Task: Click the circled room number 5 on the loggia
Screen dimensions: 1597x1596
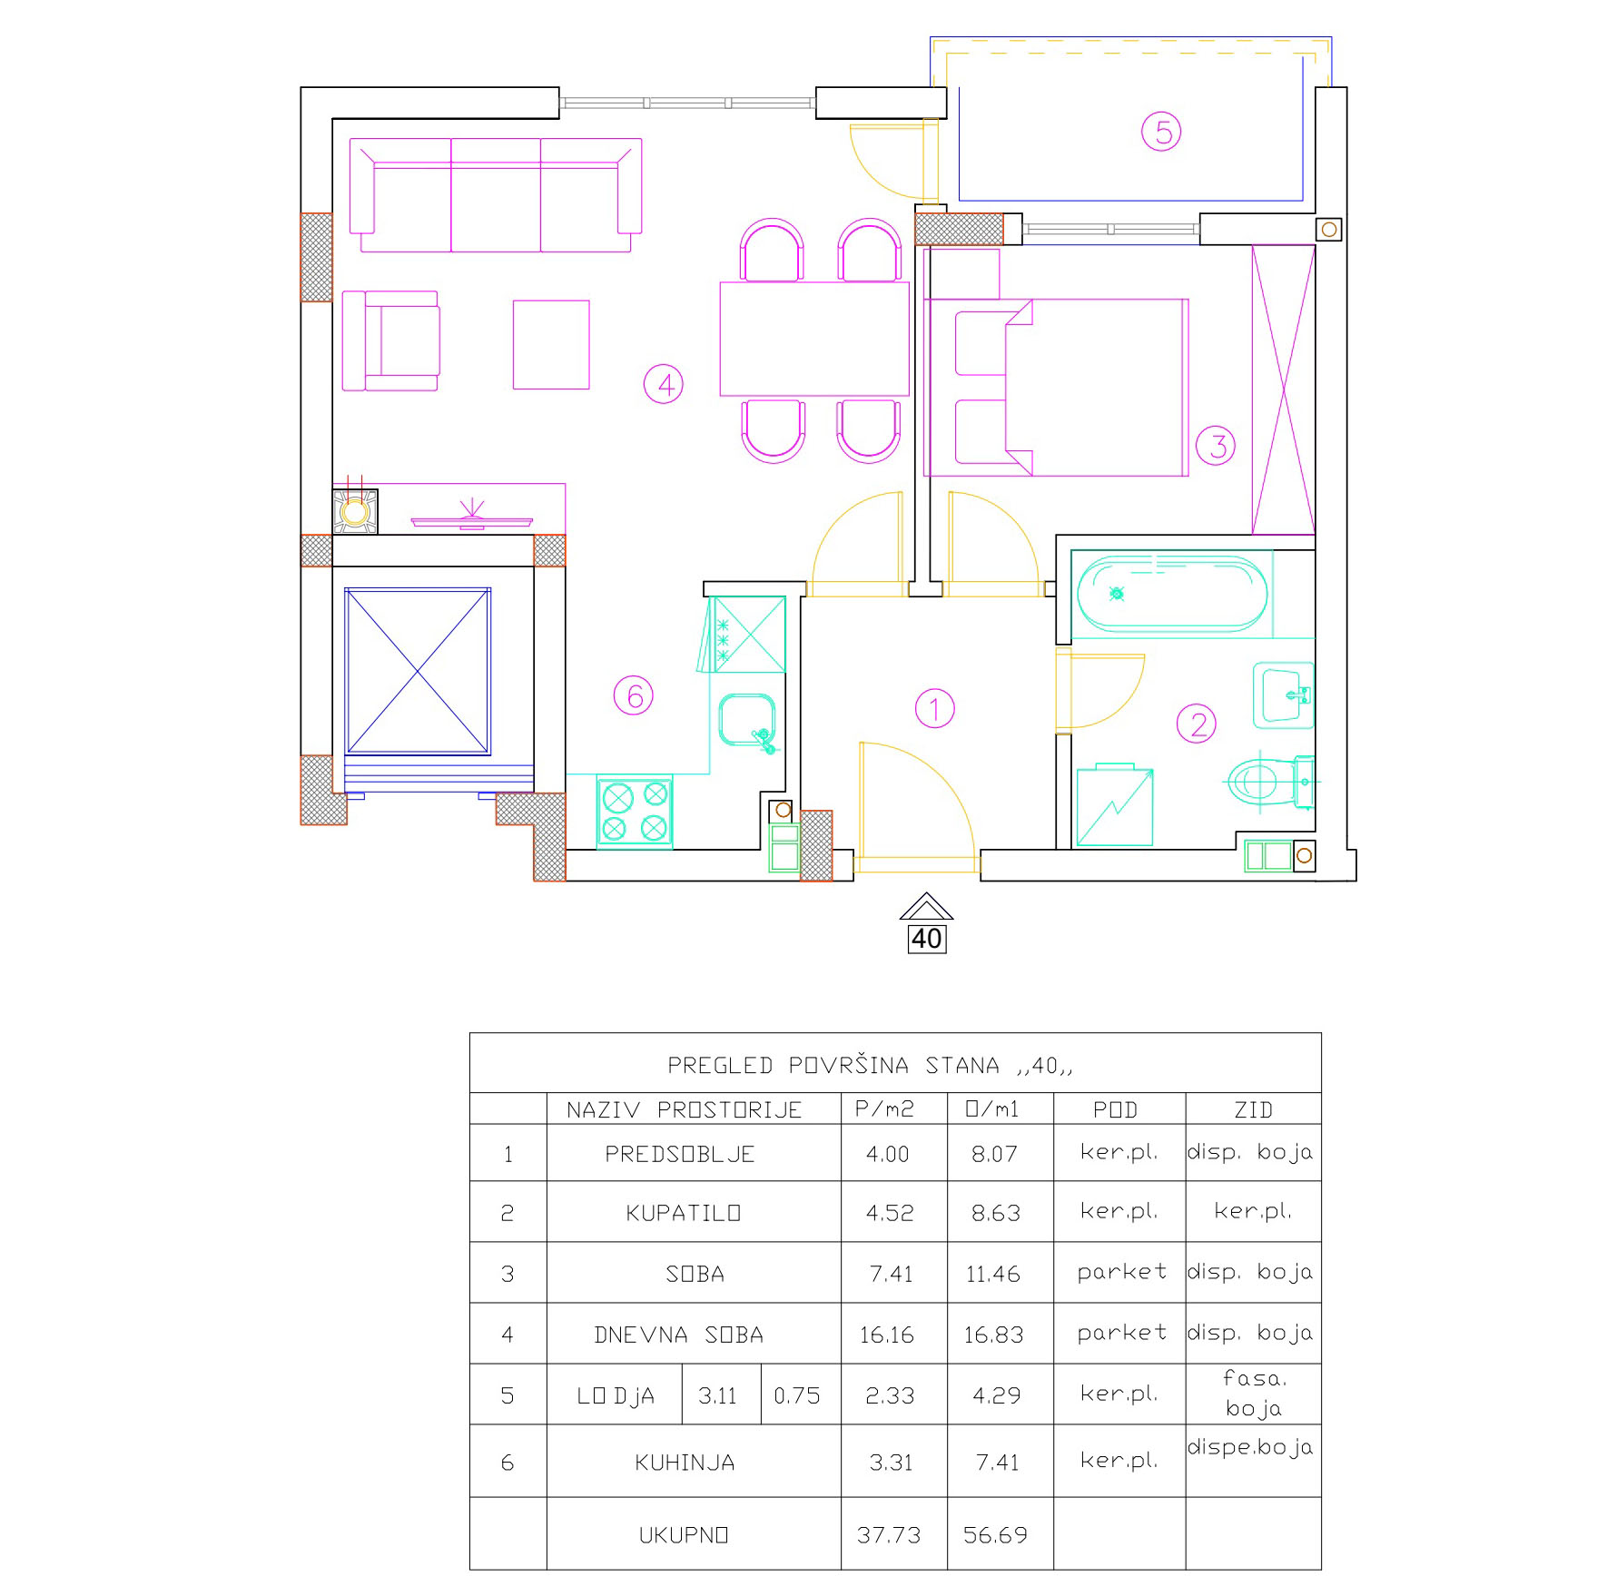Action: [x=1162, y=132]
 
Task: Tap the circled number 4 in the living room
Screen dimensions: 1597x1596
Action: [x=664, y=384]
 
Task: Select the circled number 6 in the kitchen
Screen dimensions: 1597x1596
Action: [x=634, y=696]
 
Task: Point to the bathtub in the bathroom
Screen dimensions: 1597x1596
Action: [x=1171, y=594]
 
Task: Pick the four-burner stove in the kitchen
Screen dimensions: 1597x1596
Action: [x=635, y=812]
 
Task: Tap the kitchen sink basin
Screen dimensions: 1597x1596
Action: [x=746, y=721]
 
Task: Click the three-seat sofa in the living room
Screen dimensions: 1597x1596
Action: [x=496, y=194]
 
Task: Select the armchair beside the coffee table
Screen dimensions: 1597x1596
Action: [x=390, y=340]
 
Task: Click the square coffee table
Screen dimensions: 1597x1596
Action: [x=551, y=345]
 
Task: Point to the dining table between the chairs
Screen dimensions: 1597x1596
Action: [x=814, y=339]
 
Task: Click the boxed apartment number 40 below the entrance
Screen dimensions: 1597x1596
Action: [x=927, y=938]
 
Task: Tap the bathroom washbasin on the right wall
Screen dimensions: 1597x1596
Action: [x=1283, y=695]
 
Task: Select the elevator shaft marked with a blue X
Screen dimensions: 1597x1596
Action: [x=418, y=671]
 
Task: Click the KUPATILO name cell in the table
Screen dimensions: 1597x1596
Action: [x=684, y=1213]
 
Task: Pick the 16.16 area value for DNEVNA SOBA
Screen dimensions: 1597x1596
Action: [x=887, y=1335]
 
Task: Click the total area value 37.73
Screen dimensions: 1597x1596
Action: [x=889, y=1535]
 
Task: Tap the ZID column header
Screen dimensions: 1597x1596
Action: [x=1253, y=1109]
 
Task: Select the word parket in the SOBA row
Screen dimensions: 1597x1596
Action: [x=1122, y=1273]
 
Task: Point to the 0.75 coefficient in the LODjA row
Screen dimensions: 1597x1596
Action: [x=797, y=1395]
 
